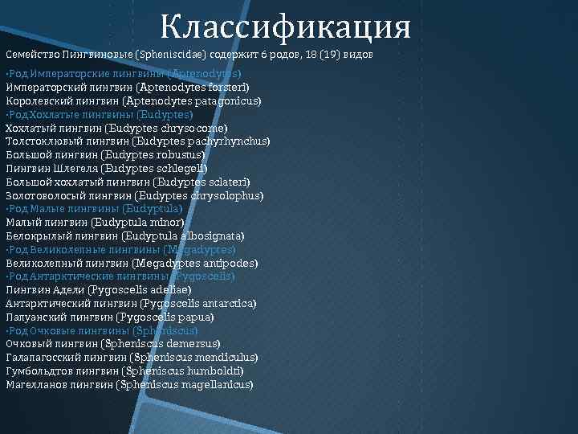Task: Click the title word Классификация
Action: click(285, 27)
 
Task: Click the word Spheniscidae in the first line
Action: click(172, 54)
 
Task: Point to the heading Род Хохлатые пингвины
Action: click(100, 114)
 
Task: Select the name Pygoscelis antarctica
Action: click(198, 304)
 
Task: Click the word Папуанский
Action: click(35, 317)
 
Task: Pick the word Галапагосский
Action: click(39, 358)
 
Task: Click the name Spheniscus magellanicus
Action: click(185, 385)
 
